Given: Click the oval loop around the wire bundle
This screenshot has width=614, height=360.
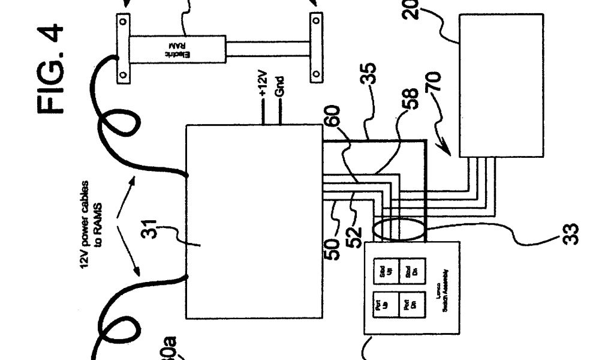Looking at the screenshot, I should coord(399,232).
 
